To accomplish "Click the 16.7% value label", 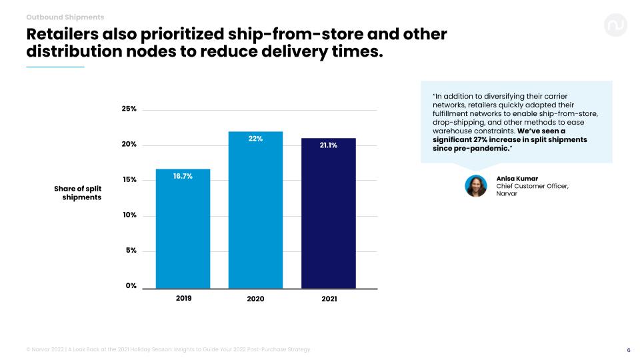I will pyautogui.click(x=183, y=175).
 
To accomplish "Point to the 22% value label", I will pyautogui.click(x=255, y=139).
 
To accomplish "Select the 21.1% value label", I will pyautogui.click(x=328, y=145).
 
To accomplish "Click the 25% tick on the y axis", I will pyautogui.click(x=129, y=109).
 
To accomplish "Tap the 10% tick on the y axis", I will pyautogui.click(x=129, y=215).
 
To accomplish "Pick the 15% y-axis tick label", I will pyautogui.click(x=129, y=180).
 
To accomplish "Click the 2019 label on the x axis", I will pyautogui.click(x=183, y=298).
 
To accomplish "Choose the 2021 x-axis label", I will pyautogui.click(x=329, y=299).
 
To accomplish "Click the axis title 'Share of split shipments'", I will pyautogui.click(x=78, y=193).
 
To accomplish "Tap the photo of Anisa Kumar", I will pyautogui.click(x=476, y=186).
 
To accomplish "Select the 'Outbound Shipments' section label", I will pyautogui.click(x=65, y=17).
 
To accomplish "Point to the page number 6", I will pyautogui.click(x=629, y=350).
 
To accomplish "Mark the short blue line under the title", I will pyautogui.click(x=55, y=67).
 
